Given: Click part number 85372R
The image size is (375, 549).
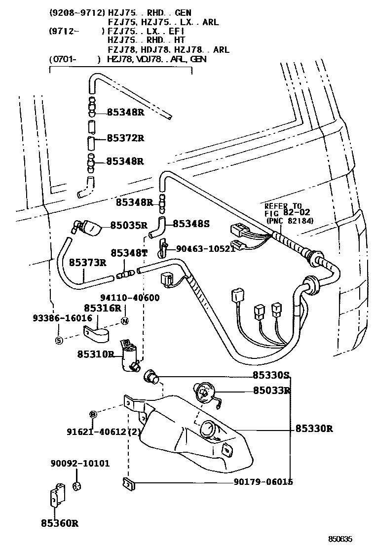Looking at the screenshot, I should [125, 138].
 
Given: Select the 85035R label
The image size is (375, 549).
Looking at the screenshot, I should [129, 225].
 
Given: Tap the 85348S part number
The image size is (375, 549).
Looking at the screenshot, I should [191, 224].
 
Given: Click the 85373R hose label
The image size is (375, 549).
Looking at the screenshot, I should [87, 262].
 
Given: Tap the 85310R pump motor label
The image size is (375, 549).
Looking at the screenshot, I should [96, 354].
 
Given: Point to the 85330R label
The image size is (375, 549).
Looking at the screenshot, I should [314, 429].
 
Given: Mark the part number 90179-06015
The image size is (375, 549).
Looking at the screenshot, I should [266, 481].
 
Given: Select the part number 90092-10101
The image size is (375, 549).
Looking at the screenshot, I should [80, 464].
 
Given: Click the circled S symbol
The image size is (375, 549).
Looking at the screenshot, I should [59, 340].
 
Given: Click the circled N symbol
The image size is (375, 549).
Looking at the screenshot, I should [124, 322].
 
